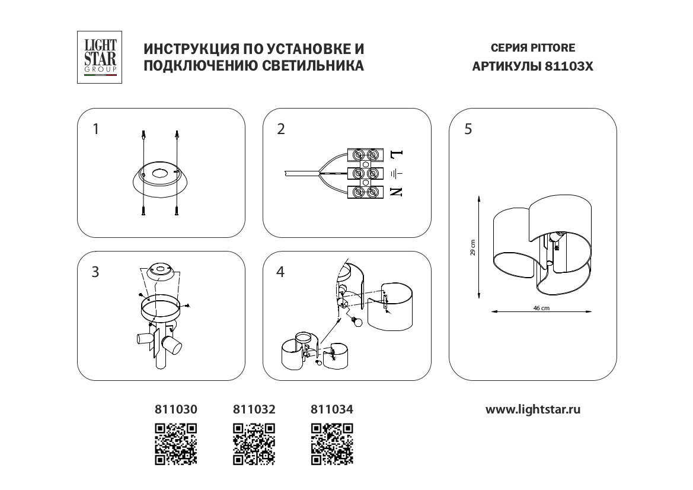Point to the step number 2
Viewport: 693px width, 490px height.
coord(281,129)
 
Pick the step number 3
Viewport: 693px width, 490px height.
coord(95,272)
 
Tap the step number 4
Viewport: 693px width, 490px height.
coord(281,272)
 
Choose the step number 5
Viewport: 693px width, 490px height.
coord(468,129)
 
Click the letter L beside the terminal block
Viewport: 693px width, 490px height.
coord(397,154)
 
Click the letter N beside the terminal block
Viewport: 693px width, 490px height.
coord(397,192)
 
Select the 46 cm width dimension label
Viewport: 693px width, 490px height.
coord(541,308)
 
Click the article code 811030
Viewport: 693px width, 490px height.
coord(175,409)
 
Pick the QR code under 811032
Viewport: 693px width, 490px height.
coord(254,443)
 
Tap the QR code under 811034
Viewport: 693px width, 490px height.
coord(332,443)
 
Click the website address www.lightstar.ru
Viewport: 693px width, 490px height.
coord(533,409)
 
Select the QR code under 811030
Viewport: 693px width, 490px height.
coord(175,443)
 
